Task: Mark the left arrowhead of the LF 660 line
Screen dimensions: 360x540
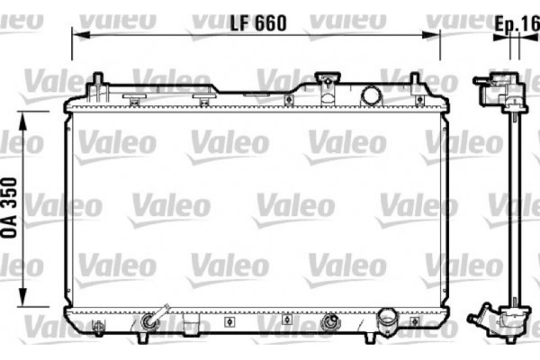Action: pos(76,35)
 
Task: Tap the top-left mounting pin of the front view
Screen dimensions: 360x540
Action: pos(94,85)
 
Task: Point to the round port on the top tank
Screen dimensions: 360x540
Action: pos(370,94)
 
